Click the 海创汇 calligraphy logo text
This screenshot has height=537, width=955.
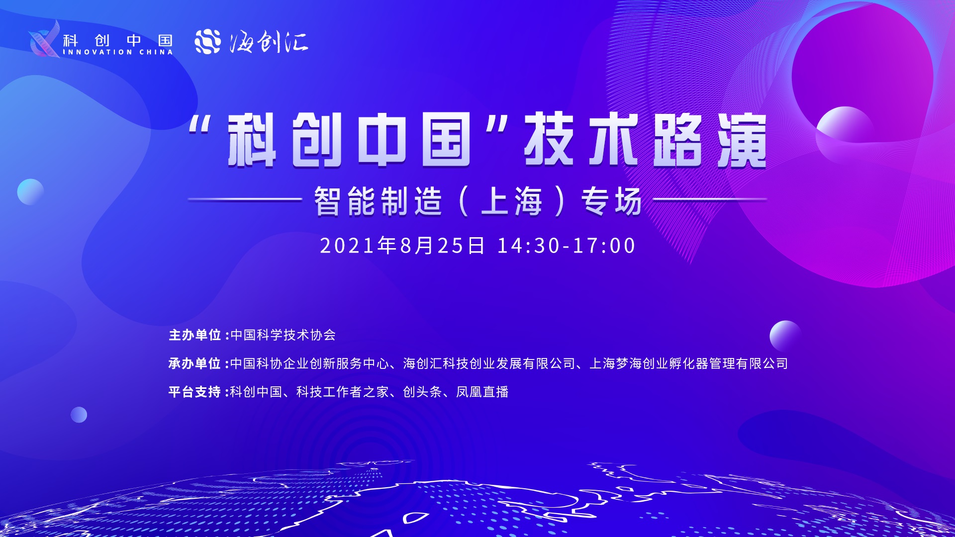click(269, 42)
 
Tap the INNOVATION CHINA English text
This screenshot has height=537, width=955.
click(118, 52)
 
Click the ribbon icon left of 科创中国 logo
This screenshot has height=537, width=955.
click(45, 39)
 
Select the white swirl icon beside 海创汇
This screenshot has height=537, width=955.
click(207, 42)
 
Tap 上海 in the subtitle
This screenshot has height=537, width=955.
click(512, 201)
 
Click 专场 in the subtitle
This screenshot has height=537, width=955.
click(611, 201)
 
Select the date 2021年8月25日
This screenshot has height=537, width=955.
click(402, 246)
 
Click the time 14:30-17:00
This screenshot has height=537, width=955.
click(567, 246)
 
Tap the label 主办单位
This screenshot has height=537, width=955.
click(195, 335)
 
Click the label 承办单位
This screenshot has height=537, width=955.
click(195, 363)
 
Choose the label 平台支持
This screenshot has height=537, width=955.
click(195, 392)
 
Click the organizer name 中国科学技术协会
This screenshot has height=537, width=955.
click(283, 335)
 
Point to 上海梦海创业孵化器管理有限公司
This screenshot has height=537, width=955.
click(689, 363)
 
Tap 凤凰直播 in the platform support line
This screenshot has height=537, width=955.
click(482, 392)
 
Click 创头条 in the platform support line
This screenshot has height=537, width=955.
click(422, 392)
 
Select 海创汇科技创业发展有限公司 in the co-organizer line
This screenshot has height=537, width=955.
click(489, 363)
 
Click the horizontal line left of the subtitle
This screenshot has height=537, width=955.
click(245, 199)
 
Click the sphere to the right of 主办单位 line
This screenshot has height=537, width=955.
click(785, 336)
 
